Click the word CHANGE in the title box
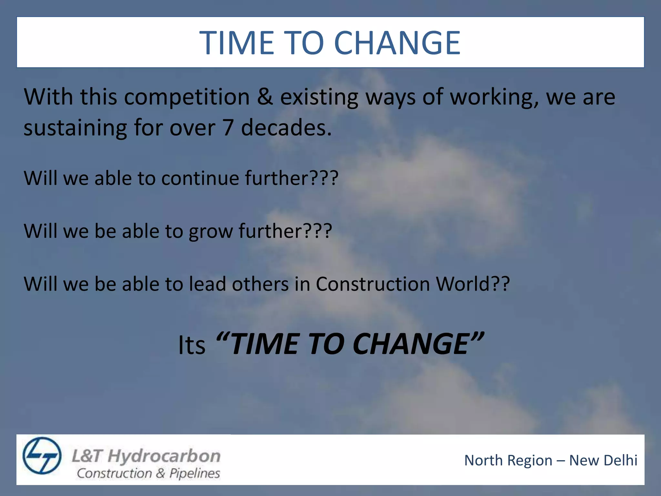click(x=397, y=43)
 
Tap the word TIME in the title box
click(x=237, y=43)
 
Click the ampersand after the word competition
click(x=265, y=97)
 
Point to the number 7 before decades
click(x=228, y=127)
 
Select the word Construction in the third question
click(x=373, y=284)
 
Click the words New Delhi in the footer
click(x=603, y=460)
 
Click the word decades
click(x=286, y=127)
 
